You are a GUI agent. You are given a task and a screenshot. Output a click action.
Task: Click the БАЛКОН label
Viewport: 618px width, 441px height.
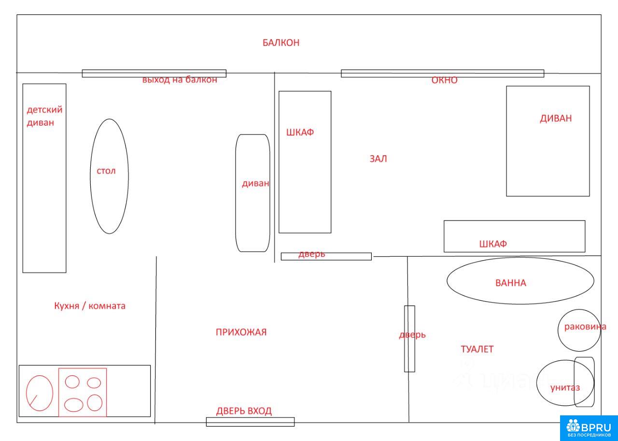(281, 43)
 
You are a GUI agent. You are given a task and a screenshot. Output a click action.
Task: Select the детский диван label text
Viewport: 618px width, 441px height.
(44, 116)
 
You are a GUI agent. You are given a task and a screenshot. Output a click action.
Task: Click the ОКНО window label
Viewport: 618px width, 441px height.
(444, 80)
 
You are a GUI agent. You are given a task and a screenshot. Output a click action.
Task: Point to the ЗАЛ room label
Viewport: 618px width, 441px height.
(378, 159)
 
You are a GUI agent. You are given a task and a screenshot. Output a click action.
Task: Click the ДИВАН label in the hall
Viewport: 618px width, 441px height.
(556, 118)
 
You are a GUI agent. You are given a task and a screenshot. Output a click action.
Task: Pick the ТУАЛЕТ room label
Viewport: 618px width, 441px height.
(477, 349)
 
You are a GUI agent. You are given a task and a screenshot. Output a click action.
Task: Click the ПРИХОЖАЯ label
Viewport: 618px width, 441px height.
(241, 332)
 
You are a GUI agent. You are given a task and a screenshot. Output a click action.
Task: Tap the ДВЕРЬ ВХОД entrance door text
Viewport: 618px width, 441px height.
(244, 411)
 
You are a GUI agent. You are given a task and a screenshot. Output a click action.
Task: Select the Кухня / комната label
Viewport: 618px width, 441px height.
(90, 306)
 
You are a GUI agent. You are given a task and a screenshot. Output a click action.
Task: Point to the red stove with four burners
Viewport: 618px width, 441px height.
(83, 392)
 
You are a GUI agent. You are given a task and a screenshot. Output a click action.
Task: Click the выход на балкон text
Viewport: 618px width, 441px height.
(180, 80)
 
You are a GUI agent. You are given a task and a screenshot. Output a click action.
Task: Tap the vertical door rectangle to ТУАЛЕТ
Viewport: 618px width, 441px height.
(409, 339)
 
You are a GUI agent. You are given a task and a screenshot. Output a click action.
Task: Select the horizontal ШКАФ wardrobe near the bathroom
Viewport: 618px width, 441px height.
(515, 236)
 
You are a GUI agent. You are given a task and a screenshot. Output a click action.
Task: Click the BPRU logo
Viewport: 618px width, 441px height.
(589, 428)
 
